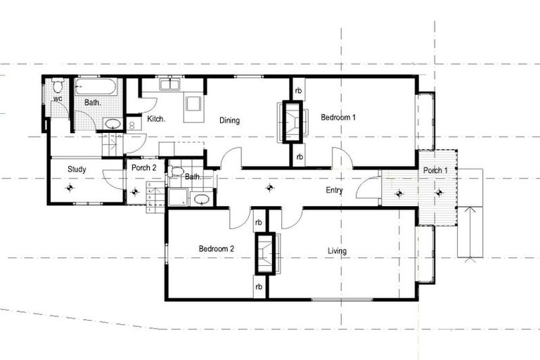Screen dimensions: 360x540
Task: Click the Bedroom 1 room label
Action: (x=338, y=117)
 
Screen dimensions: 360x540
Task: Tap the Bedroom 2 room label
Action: (x=216, y=250)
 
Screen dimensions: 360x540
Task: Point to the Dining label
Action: (x=229, y=120)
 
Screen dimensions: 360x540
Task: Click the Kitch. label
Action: (x=156, y=120)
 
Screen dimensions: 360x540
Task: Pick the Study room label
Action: (x=77, y=169)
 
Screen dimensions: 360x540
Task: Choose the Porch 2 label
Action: (x=143, y=168)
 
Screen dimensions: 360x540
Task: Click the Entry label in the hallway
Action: (x=335, y=191)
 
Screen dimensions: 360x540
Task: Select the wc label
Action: (x=58, y=99)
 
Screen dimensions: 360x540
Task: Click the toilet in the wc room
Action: (x=58, y=87)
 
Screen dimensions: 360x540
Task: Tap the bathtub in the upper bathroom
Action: (x=98, y=87)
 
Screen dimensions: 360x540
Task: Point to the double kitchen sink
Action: (x=171, y=85)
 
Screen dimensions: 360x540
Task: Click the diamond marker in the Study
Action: (x=70, y=188)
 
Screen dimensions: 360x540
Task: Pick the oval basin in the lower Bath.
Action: (x=202, y=200)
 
